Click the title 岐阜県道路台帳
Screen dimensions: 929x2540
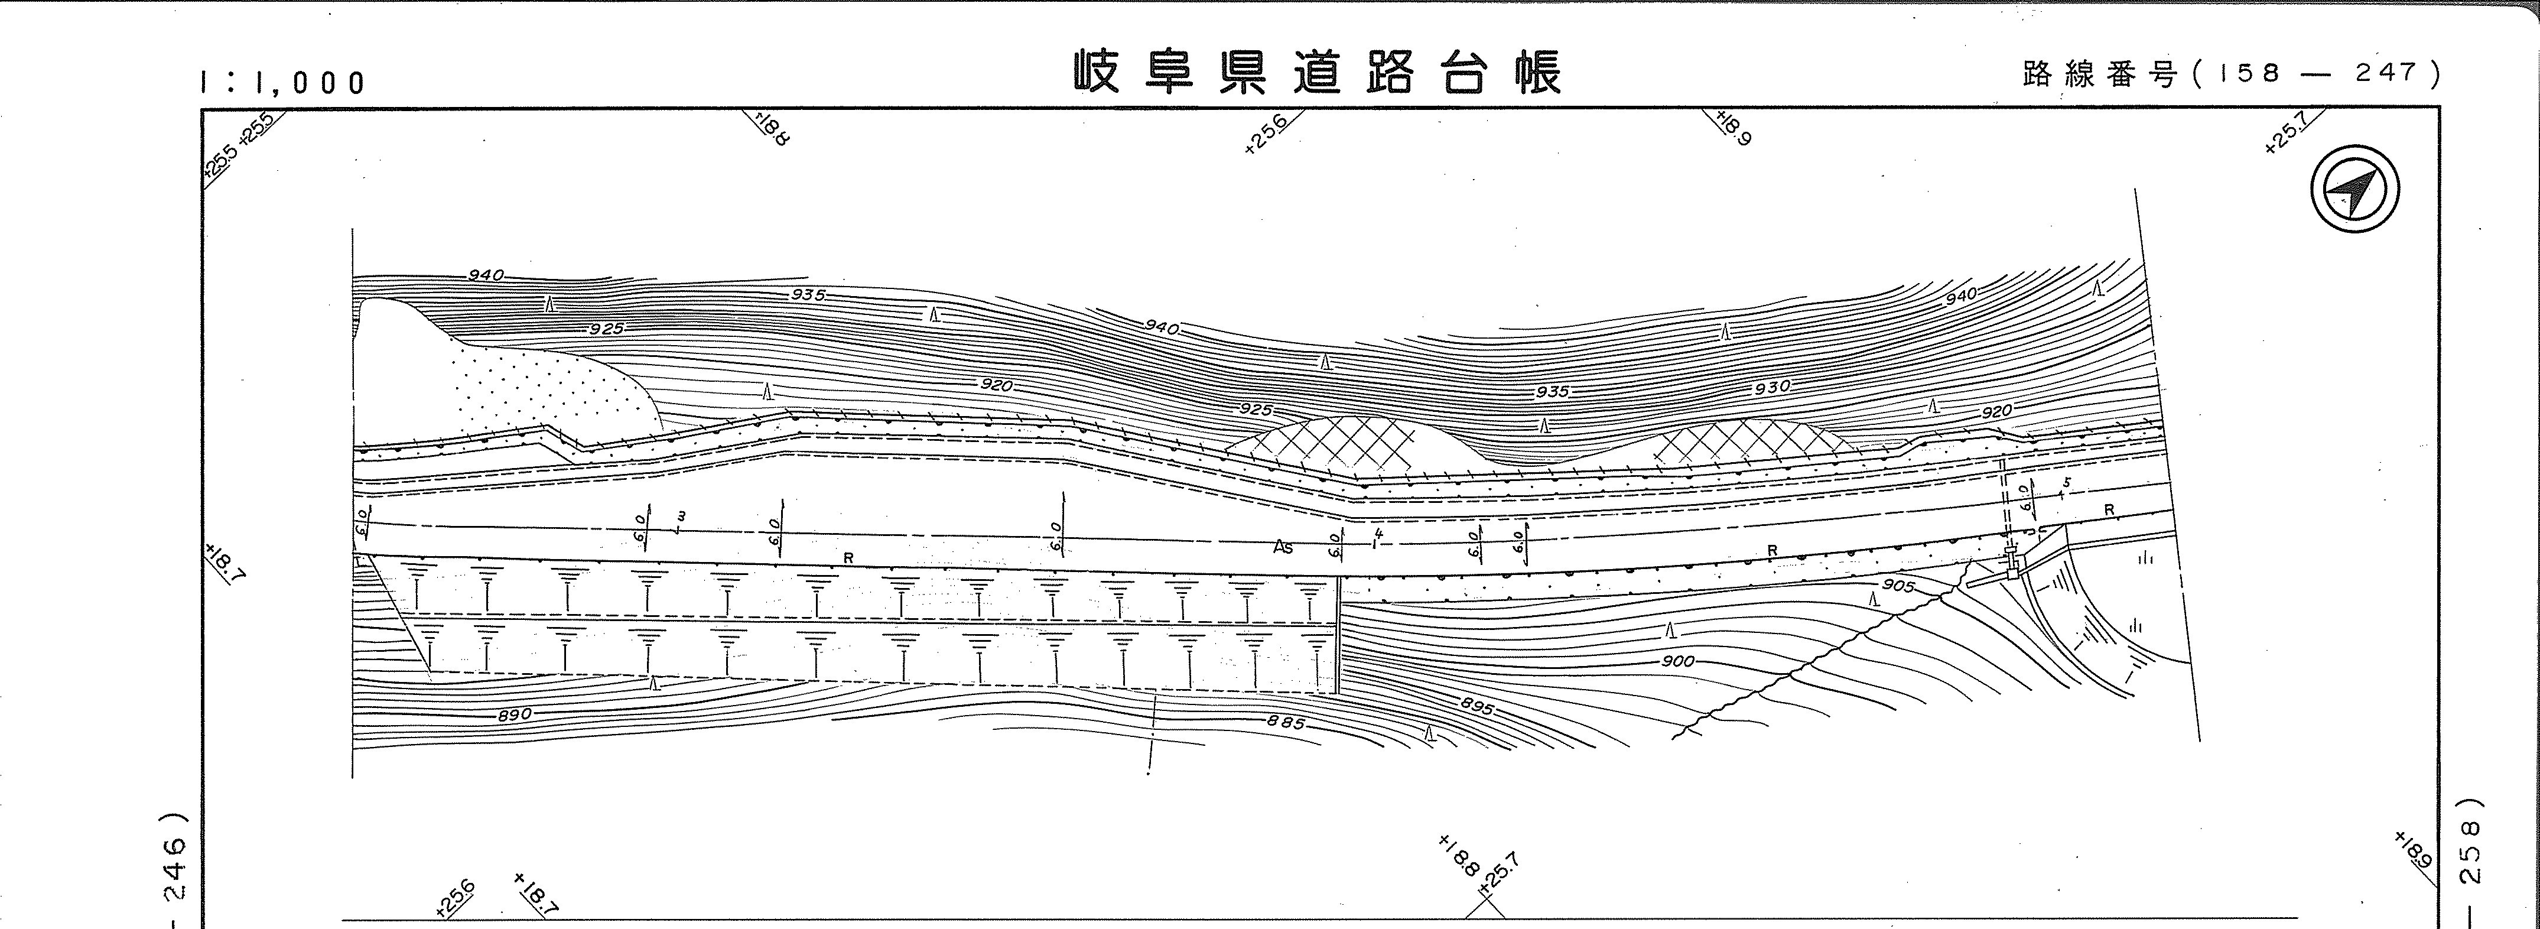(1318, 73)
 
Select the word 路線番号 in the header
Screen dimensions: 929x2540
(2098, 74)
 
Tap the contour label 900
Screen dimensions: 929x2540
(1677, 661)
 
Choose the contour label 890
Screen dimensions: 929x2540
(515, 714)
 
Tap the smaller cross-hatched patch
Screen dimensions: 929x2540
(1745, 443)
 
